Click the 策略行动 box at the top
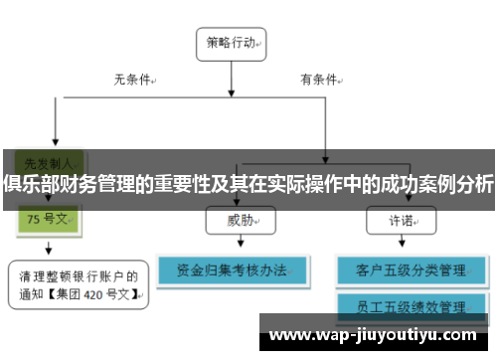(x=236, y=43)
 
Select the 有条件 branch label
(x=320, y=79)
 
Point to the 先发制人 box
(x=46, y=160)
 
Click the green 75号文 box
(x=47, y=219)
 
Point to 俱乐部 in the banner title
(x=28, y=184)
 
